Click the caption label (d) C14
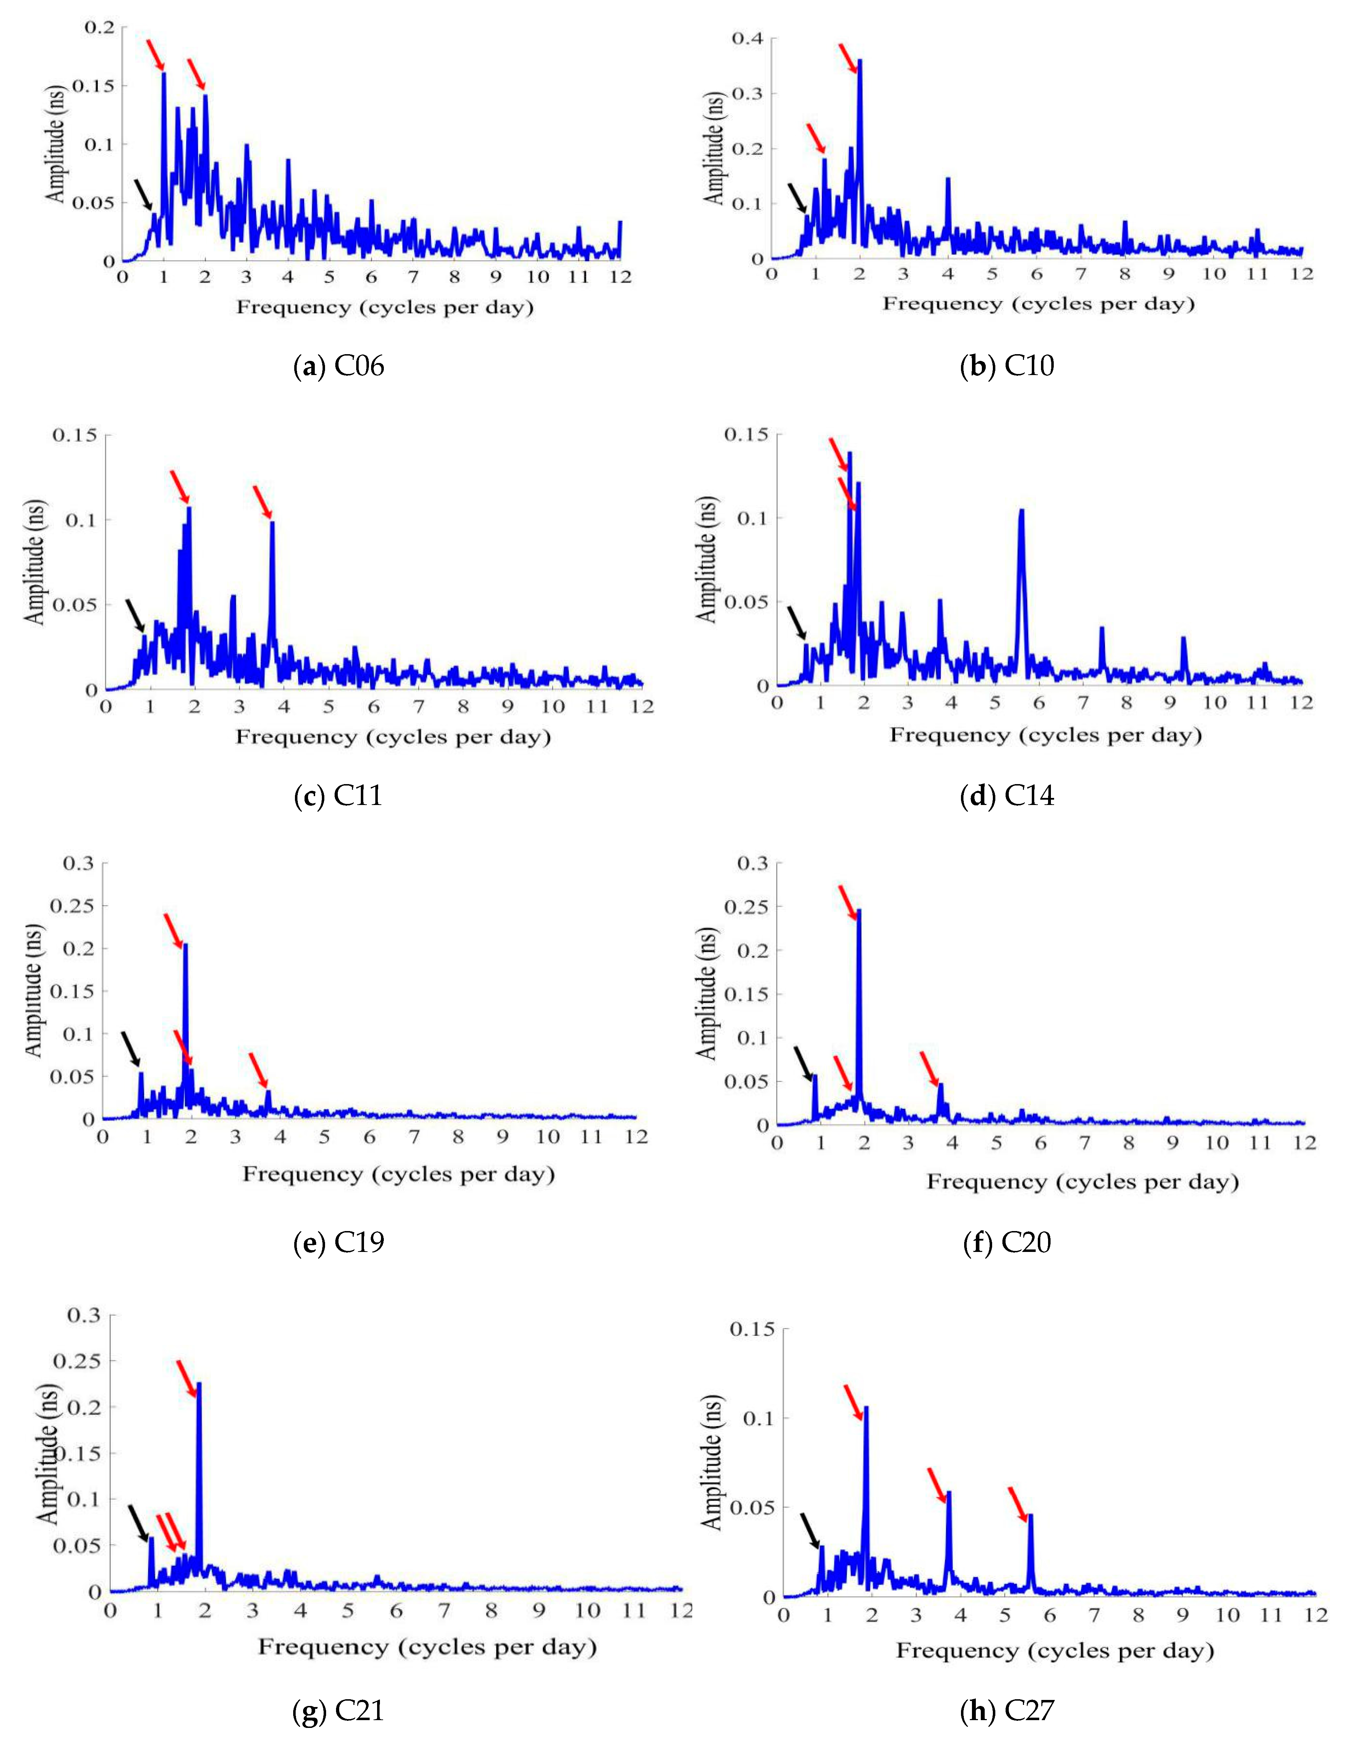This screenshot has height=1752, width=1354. (x=1007, y=796)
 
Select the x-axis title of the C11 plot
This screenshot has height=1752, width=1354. (x=393, y=736)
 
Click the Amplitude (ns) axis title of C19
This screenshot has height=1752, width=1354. (x=34, y=991)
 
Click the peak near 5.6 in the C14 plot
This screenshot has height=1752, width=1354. (x=1021, y=511)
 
